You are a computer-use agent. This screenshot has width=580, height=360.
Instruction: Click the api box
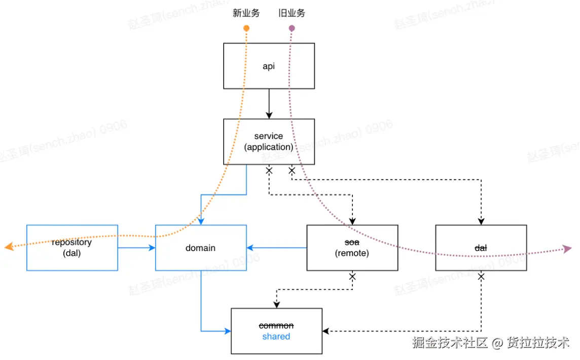(x=269, y=66)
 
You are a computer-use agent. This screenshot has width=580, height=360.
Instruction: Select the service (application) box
(x=269, y=141)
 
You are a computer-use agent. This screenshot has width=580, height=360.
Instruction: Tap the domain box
(x=201, y=248)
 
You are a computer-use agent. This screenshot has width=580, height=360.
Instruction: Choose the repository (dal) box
(x=72, y=248)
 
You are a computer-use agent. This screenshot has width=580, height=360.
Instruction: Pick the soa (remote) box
(x=352, y=248)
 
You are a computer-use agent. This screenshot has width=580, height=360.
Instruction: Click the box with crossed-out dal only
(x=481, y=248)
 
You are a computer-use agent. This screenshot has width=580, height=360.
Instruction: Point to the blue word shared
(x=276, y=337)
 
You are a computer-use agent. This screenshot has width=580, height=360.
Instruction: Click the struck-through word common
(x=276, y=326)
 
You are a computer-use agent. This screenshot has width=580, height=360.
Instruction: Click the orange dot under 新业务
(x=246, y=28)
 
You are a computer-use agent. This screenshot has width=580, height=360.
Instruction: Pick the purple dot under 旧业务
(x=292, y=28)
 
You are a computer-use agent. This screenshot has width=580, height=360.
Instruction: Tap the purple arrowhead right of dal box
(x=567, y=249)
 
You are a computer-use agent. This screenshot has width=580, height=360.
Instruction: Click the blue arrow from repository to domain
(x=136, y=248)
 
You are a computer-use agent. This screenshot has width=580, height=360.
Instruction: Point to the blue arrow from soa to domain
(x=277, y=248)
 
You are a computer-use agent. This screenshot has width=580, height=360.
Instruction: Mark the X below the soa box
(x=352, y=277)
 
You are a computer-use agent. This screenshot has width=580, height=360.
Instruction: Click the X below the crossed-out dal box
(x=481, y=277)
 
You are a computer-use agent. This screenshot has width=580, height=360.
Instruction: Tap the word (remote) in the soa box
(x=352, y=253)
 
